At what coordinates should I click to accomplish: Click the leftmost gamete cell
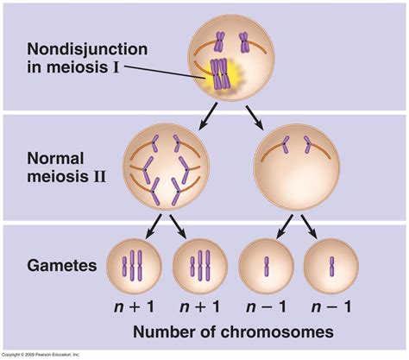pos(131,266)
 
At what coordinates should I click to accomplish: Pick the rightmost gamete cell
pos(330,266)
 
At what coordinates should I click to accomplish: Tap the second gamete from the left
pos(198,266)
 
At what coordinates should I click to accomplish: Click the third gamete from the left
pos(265,266)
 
